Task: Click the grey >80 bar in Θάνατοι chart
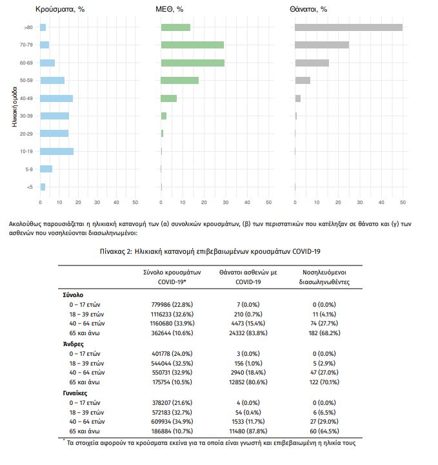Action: point(348,27)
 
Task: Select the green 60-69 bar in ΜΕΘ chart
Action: point(193,63)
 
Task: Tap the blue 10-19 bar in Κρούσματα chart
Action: point(57,151)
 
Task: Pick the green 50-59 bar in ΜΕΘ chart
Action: point(180,80)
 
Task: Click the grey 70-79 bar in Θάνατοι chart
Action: point(322,45)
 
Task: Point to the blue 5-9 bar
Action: point(46,169)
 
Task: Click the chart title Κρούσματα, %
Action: point(60,9)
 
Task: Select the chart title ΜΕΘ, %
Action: point(170,9)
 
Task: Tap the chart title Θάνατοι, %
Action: point(308,9)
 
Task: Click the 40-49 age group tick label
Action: point(26,98)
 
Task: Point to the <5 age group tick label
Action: point(30,187)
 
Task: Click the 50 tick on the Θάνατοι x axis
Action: point(403,202)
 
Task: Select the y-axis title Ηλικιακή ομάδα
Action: point(14,107)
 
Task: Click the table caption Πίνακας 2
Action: point(116,251)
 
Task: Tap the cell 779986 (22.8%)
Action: point(172,305)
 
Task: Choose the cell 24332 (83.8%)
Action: point(248,333)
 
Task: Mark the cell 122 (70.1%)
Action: point(324,382)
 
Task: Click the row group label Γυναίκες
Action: point(75,393)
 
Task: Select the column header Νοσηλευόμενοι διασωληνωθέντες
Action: point(324,277)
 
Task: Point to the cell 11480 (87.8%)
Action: point(248,431)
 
